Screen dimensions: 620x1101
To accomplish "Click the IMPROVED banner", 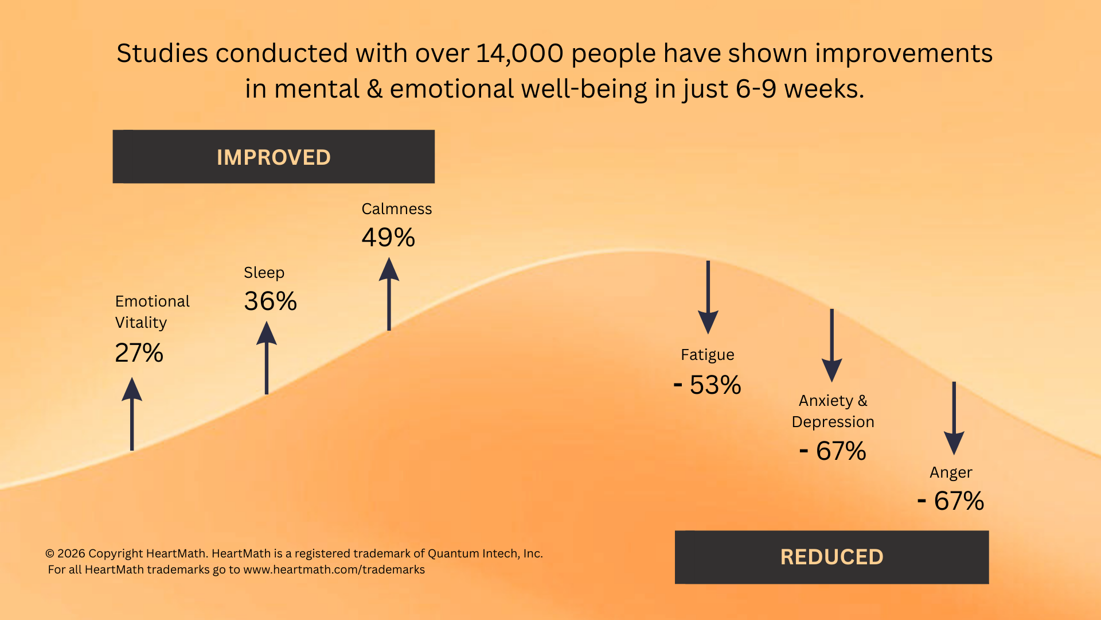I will pos(274,157).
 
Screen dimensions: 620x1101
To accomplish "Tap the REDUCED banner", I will pos(831,557).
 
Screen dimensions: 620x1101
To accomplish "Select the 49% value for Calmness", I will pos(388,238).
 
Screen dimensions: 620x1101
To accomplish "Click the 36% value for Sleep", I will pos(270,301).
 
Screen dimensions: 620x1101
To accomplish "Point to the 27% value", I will pos(139,353).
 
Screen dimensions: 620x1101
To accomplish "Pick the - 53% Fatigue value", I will pos(708,385).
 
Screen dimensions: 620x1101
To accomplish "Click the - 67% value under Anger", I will pos(951,501).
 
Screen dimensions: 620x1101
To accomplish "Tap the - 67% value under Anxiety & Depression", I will pos(833,451).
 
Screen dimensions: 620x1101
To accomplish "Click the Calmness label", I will pos(396,209).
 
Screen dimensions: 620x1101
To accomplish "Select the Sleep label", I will pos(264,273).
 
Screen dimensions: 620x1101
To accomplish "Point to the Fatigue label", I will pos(707,355).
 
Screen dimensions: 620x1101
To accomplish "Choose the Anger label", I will pos(951,472).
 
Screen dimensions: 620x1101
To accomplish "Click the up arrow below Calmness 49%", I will pos(389,294).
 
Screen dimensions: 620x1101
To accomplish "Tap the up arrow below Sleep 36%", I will pos(266,358).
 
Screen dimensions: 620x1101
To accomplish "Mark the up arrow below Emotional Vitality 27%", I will pos(132,414).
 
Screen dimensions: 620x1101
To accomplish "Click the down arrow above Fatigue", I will pos(708,297).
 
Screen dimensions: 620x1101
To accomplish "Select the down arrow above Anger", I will pos(954,418).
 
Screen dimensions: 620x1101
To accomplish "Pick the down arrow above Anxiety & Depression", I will pos(831,345).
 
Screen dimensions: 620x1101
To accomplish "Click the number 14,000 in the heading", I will pos(520,53).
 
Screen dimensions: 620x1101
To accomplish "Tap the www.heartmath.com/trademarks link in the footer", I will pos(334,569).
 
